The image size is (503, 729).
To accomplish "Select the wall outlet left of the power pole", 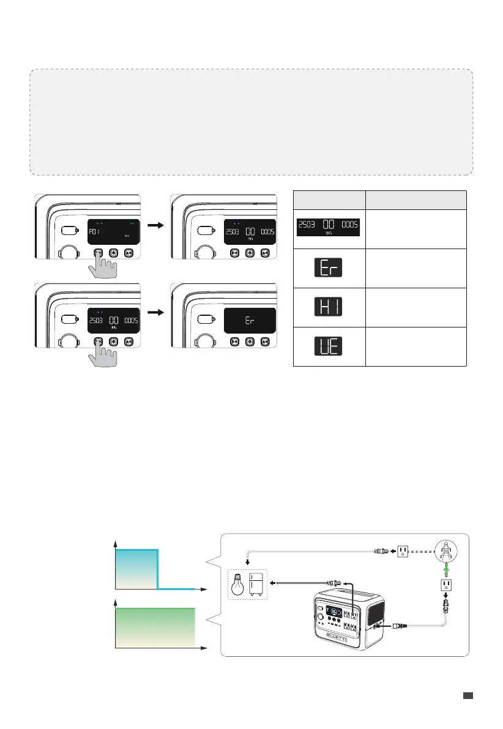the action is pos(403,551).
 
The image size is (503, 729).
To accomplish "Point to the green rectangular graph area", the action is pos(155,627).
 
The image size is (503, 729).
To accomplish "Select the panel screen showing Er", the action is pos(248,320).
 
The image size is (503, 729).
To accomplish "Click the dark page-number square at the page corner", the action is pos(468,695).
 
